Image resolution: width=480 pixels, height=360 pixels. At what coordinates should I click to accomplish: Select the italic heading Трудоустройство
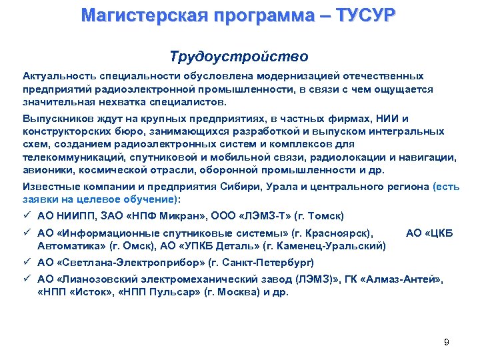pos(239,57)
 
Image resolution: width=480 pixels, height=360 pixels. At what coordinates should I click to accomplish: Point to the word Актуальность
pos(58,77)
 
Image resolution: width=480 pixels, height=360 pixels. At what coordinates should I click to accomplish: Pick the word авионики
pos(46,170)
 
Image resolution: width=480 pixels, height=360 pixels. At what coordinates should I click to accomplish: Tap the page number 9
pos(446,343)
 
